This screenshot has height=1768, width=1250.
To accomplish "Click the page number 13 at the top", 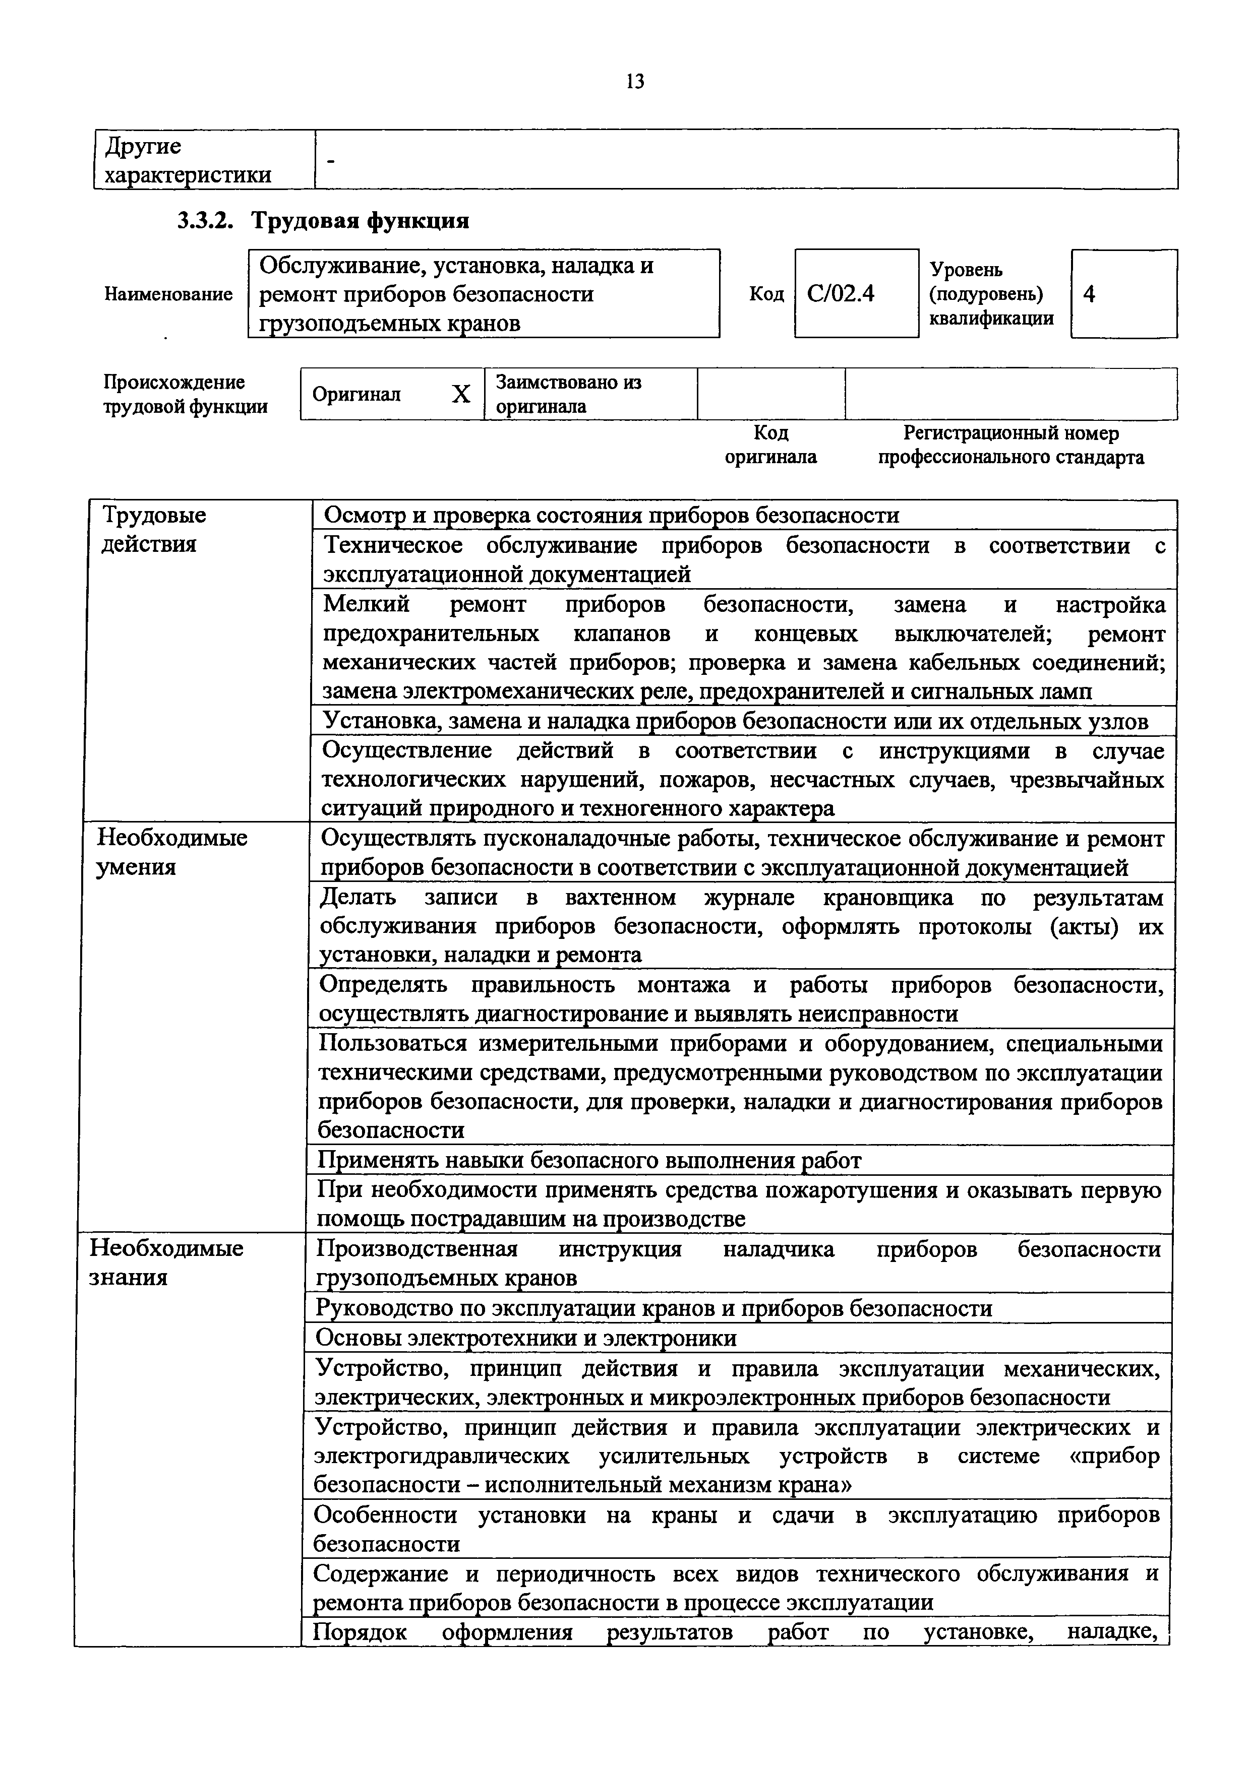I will coord(635,81).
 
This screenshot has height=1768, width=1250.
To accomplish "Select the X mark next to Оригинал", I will coord(460,394).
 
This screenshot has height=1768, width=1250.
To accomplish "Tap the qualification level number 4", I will coord(1089,293).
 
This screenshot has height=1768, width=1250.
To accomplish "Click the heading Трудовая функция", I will coord(361,221).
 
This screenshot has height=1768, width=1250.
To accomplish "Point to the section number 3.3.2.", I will coord(204,221).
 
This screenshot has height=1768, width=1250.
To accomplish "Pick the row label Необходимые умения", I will coord(171,852).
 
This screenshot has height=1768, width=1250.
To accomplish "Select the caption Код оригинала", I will coord(770,445).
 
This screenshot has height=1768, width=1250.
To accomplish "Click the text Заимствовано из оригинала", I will coord(568,394).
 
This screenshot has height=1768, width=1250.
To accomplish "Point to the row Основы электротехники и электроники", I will coord(526,1338).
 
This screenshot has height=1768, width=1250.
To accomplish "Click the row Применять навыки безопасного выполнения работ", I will coord(589,1160).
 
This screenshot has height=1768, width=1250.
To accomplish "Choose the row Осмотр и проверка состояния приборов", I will coord(611,515).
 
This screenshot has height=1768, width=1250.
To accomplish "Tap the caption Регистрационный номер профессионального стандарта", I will coord(1010,445).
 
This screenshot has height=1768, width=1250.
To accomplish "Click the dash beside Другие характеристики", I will coord(331,161).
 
